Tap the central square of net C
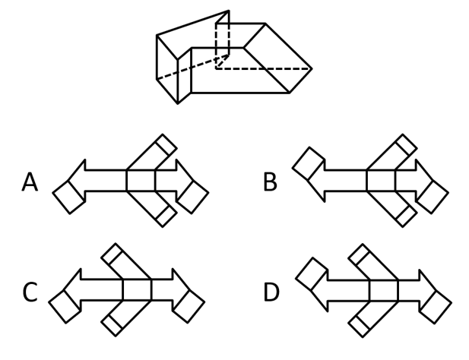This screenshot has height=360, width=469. [x=138, y=289]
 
